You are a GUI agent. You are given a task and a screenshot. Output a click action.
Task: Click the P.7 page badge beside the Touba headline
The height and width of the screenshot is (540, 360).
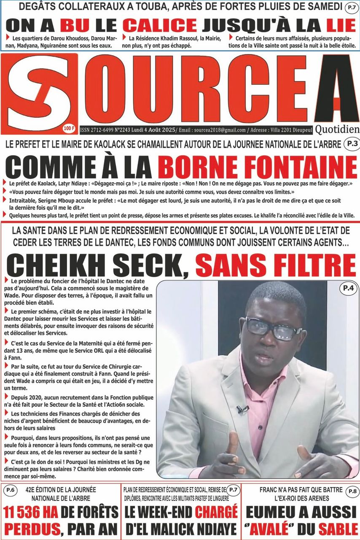pyautogui.click(x=351, y=7)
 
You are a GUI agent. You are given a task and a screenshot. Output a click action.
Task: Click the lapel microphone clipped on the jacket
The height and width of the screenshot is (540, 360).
pyautogui.click(x=242, y=408)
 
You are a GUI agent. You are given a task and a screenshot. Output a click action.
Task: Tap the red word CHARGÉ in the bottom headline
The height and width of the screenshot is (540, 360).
pyautogui.click(x=215, y=511)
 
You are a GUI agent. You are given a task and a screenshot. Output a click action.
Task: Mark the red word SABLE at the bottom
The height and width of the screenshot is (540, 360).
pyautogui.click(x=338, y=528)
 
